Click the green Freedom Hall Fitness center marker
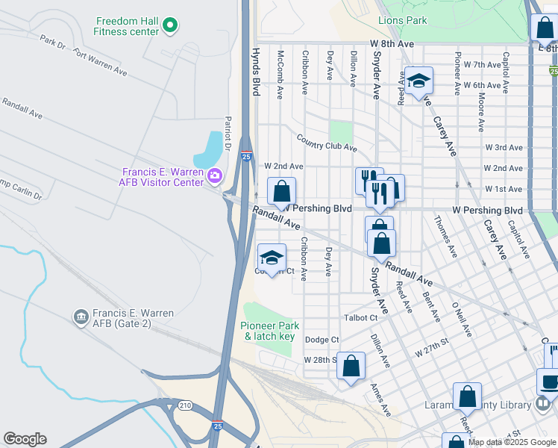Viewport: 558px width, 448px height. pos(170,26)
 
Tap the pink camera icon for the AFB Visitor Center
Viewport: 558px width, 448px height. pos(216,176)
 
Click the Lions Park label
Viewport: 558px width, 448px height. pos(403,20)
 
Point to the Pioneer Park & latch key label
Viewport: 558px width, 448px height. pos(271,332)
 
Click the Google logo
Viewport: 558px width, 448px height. pos(25,439)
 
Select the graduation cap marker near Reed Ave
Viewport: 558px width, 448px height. pos(419,81)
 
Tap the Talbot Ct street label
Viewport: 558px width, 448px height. pos(363,317)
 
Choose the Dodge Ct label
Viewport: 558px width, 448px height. pos(322,340)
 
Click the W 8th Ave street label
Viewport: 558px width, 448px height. pos(391,44)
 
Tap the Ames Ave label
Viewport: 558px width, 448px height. pos(380,400)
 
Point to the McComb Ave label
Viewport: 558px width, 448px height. pos(280,75)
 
